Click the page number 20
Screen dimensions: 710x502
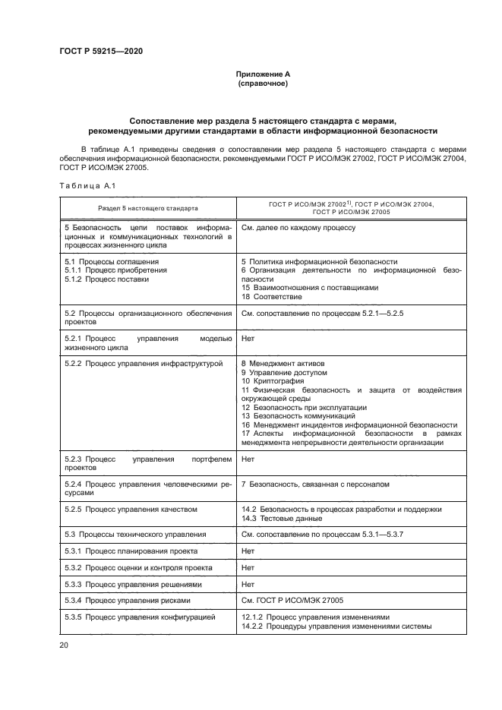pos(63,645)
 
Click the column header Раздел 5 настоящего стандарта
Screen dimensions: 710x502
pos(147,207)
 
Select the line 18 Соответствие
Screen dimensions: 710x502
pos(270,297)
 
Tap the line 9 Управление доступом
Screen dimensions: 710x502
pos(283,373)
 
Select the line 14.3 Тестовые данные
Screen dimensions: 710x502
pos(280,518)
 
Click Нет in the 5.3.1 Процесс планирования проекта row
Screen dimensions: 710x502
pos(248,551)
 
